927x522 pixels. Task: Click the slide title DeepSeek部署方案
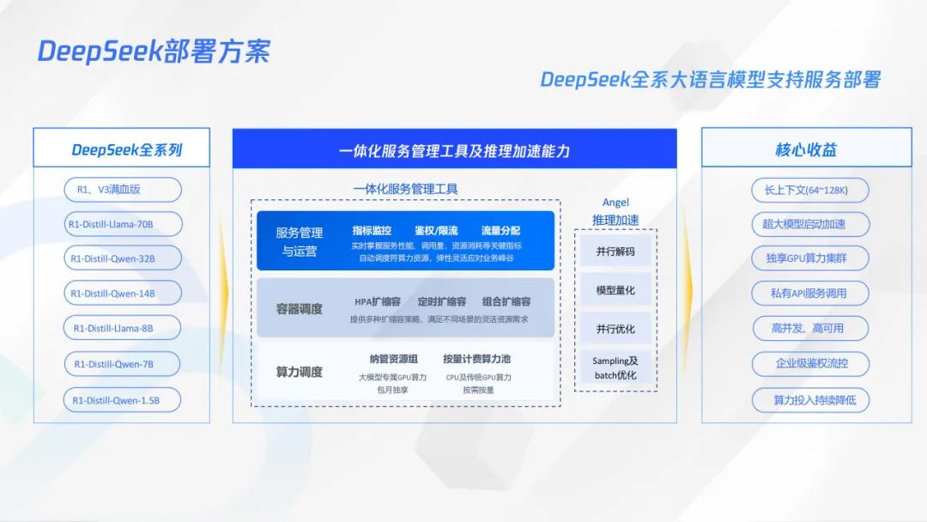153,52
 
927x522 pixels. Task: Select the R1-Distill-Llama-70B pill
123,224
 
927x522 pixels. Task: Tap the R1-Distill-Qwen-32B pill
123,258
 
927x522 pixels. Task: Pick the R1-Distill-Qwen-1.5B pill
123,399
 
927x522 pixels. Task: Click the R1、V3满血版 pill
123,190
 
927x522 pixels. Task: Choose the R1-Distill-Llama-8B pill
123,328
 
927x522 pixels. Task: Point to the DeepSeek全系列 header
127,149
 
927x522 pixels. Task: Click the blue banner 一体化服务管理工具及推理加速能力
454,151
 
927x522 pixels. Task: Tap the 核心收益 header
806,149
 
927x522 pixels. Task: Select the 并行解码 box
615,252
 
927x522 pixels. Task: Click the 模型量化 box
615,290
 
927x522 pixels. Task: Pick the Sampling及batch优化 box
615,367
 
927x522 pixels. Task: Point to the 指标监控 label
372,231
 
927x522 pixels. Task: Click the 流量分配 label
500,231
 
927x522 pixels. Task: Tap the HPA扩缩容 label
378,302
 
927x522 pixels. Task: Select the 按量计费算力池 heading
476,359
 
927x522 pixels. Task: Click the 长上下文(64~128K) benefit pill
805,190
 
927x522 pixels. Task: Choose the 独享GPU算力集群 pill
805,258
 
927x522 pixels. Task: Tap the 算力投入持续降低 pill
805,399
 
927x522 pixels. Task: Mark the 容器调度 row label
299,308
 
